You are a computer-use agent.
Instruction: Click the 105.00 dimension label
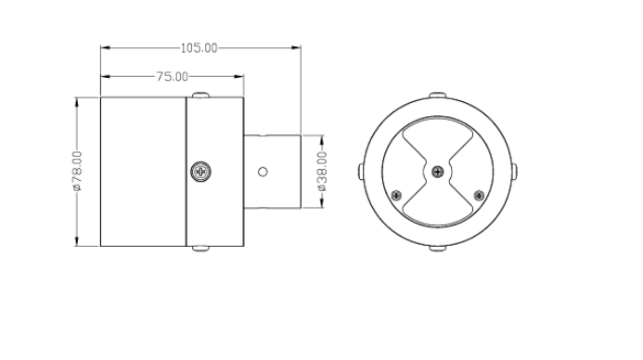(199, 48)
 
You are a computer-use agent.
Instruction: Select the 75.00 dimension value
(173, 77)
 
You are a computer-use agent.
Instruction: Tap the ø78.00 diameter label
(77, 171)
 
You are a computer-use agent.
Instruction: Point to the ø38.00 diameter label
(322, 172)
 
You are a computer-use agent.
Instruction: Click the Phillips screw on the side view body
(201, 172)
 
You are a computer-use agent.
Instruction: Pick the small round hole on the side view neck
(263, 172)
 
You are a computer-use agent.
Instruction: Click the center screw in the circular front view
(438, 172)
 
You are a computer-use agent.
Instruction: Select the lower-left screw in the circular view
(396, 196)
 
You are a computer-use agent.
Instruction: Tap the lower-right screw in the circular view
(479, 196)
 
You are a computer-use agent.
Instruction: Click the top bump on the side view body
(200, 96)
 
